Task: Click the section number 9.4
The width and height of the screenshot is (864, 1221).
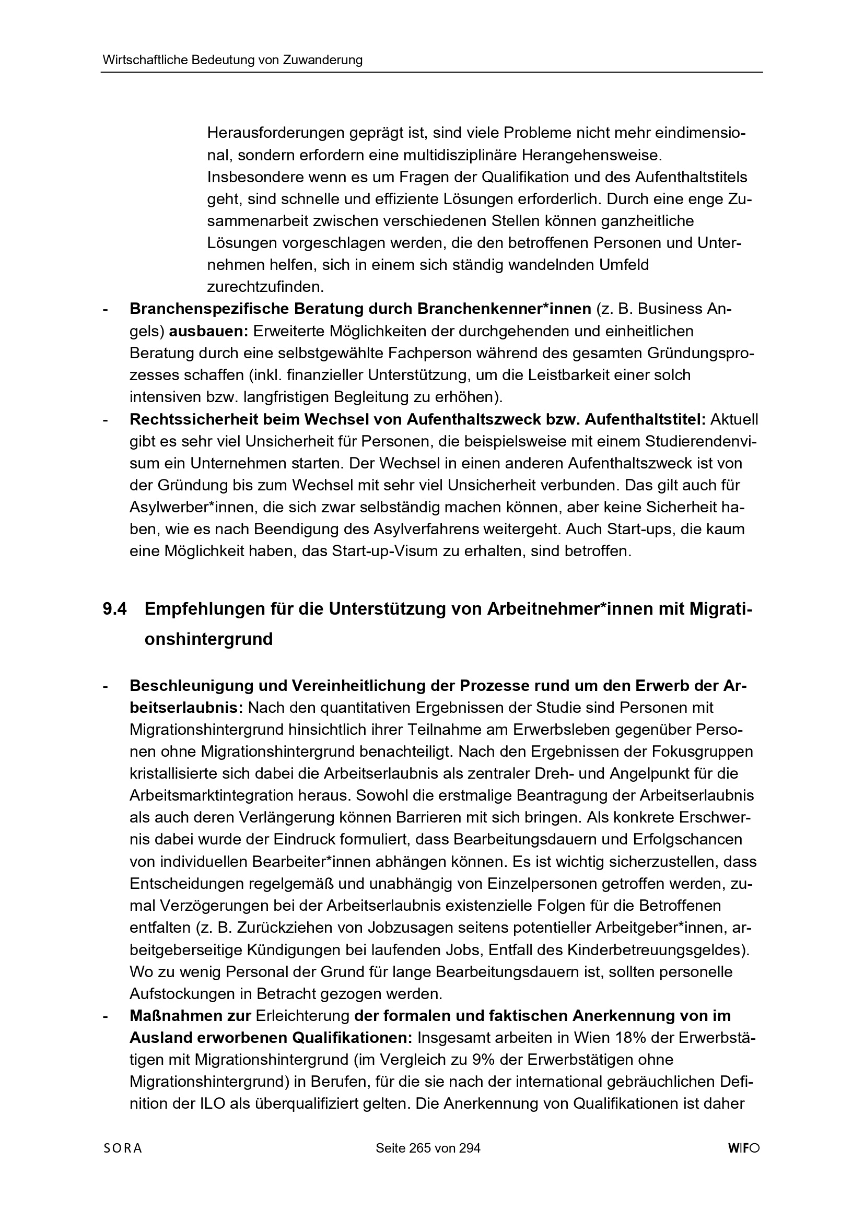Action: click(x=114, y=609)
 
